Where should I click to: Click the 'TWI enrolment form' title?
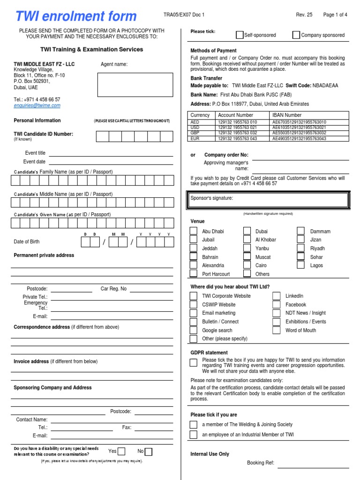(x=76, y=16)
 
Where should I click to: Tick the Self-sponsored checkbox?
(x=240, y=35)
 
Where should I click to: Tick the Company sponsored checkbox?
(x=296, y=35)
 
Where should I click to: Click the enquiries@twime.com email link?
(x=37, y=105)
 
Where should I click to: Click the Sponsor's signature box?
(x=269, y=200)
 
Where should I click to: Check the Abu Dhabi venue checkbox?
(x=193, y=231)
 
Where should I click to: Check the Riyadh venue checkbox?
(x=301, y=248)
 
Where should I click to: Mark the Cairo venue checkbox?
(x=247, y=265)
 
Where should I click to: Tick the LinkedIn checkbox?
(x=277, y=296)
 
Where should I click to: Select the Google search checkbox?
(x=193, y=330)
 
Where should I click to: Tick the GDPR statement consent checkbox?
(x=193, y=362)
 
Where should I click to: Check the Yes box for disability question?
(x=121, y=451)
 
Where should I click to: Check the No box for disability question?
(x=149, y=451)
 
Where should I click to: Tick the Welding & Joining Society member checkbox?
(x=193, y=425)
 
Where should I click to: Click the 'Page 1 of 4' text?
(x=335, y=15)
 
